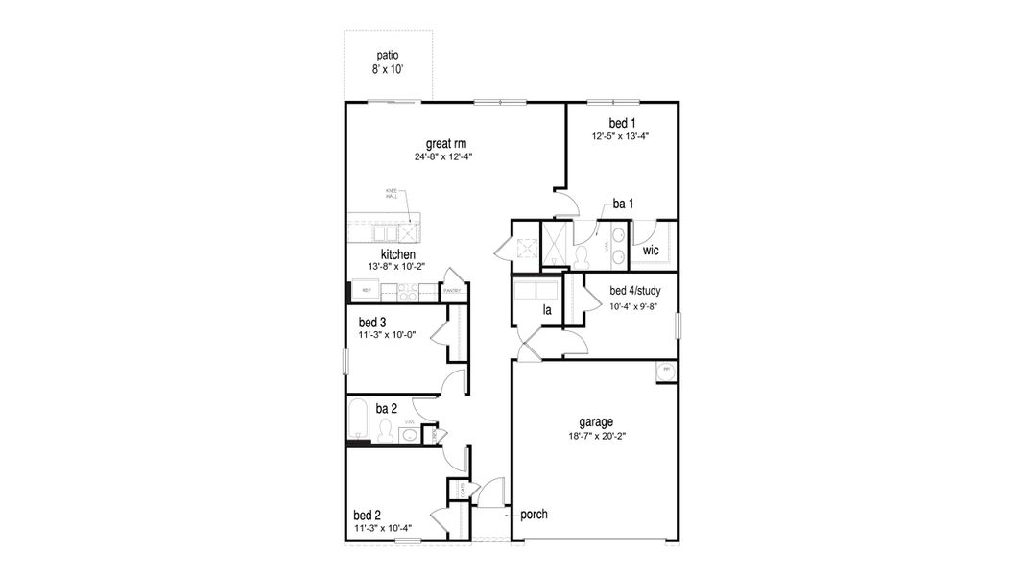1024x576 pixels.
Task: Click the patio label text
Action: tap(387, 56)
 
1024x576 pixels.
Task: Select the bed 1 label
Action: tap(622, 123)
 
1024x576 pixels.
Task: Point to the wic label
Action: tap(651, 251)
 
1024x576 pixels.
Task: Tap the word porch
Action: tap(534, 515)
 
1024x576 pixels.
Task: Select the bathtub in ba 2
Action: tap(358, 420)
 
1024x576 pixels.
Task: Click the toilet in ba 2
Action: tap(385, 431)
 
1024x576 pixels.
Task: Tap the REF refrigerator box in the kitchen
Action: tap(366, 290)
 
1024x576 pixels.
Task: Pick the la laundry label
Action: tap(547, 310)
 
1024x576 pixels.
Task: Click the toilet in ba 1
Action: tap(581, 255)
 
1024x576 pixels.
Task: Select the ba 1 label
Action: tap(623, 204)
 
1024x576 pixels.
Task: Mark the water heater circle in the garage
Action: tap(665, 370)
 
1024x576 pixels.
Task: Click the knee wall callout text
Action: tap(392, 192)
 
